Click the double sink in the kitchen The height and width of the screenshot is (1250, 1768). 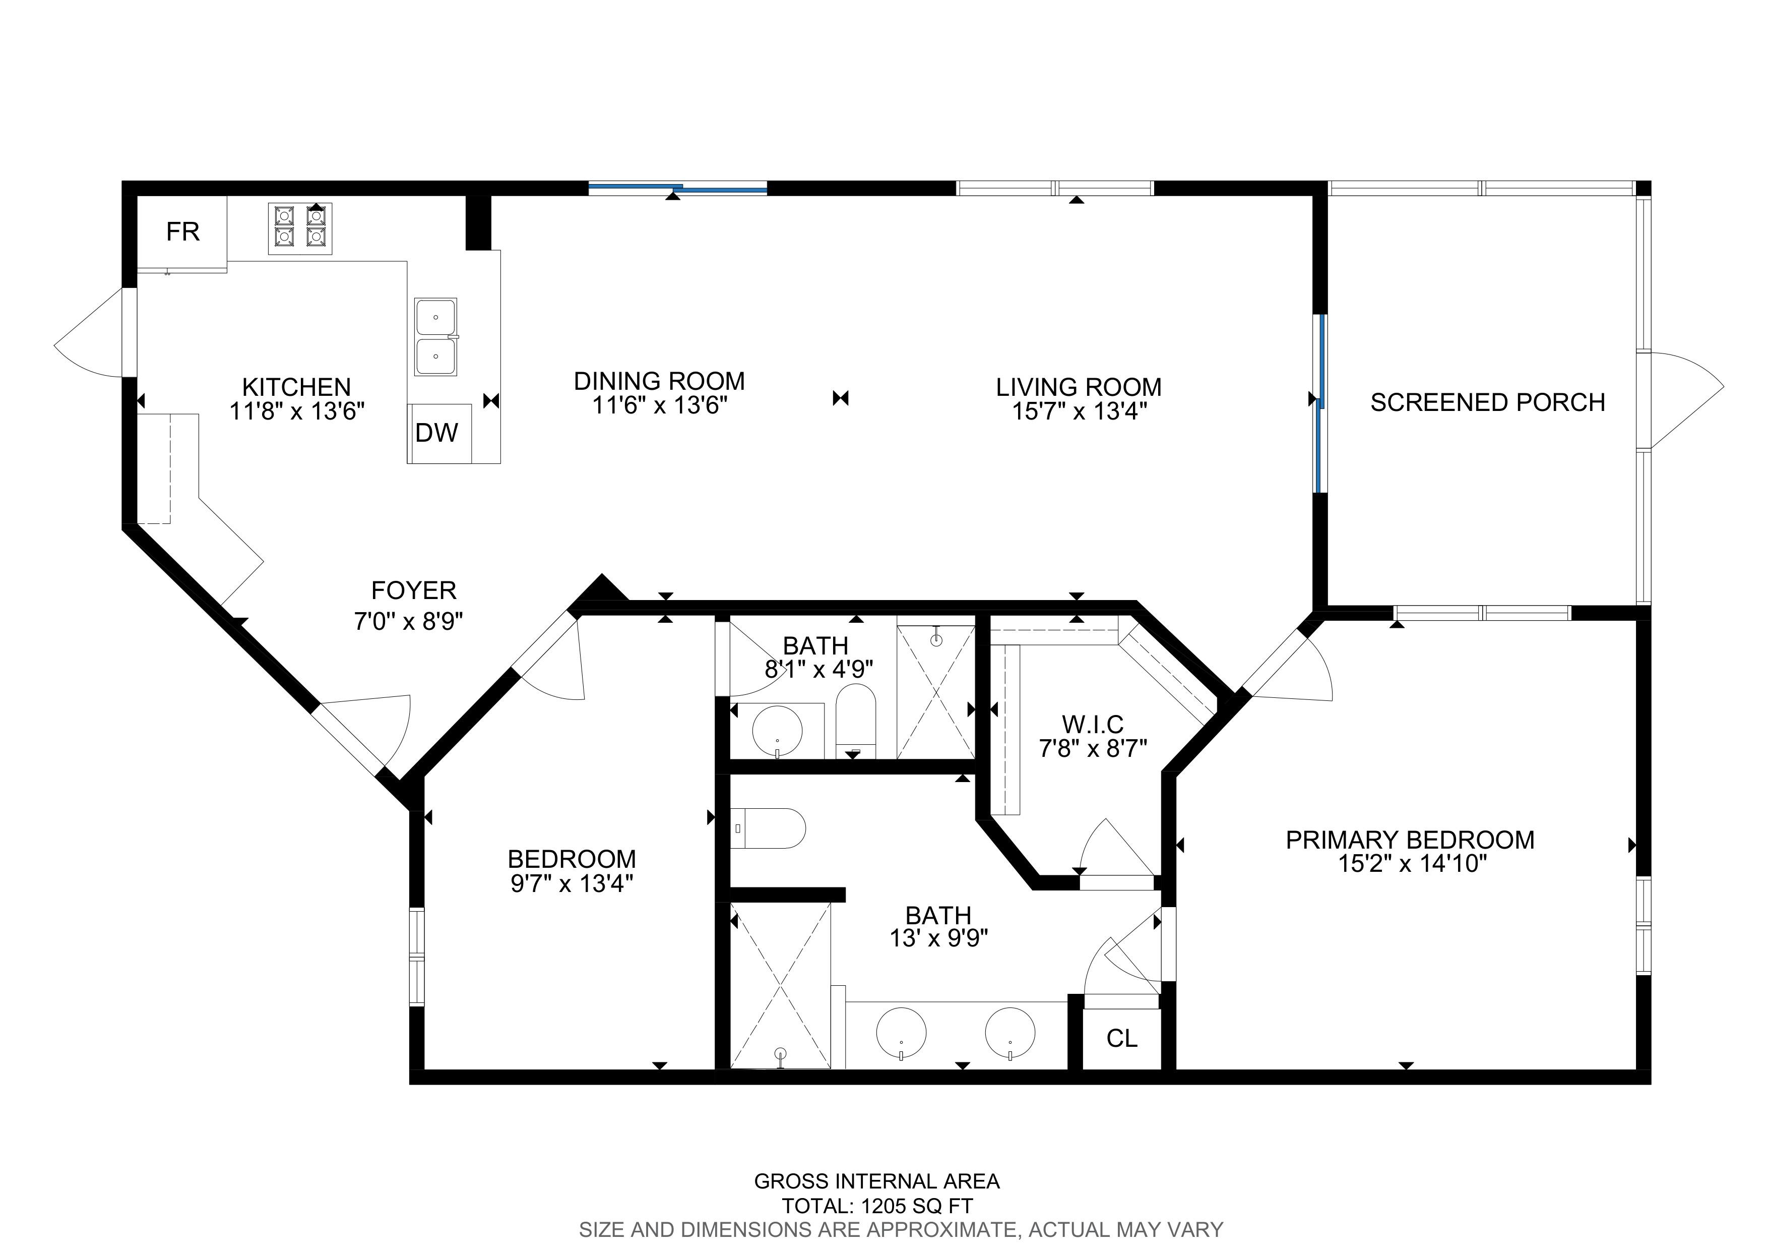(x=436, y=337)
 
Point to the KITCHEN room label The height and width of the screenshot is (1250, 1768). (x=296, y=387)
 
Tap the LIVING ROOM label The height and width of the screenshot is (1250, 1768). (x=1079, y=387)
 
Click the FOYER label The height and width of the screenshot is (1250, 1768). (x=413, y=591)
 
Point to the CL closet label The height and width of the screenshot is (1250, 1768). (x=1121, y=1038)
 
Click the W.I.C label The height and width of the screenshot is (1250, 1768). (x=1093, y=724)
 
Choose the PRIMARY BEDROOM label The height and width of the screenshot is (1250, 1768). (x=1410, y=840)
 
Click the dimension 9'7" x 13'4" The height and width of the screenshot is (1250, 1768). (x=572, y=882)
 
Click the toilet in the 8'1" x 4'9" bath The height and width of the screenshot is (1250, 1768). (x=856, y=722)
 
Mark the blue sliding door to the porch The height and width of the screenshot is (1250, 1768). (x=1319, y=403)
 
